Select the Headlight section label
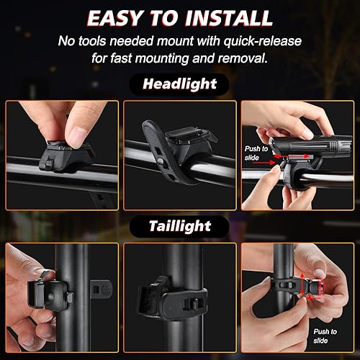point(179,84)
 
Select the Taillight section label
point(179,225)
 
